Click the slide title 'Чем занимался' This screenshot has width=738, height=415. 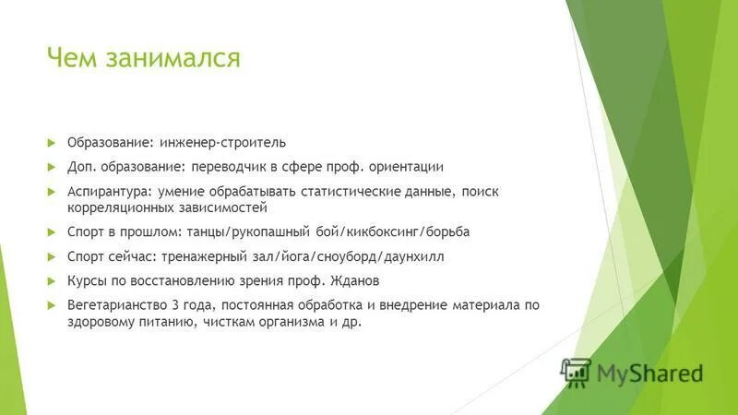[x=144, y=60]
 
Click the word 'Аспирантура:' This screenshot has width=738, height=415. [x=103, y=191]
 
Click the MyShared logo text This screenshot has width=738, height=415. [x=649, y=373]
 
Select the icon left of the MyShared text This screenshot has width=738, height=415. [x=577, y=371]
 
